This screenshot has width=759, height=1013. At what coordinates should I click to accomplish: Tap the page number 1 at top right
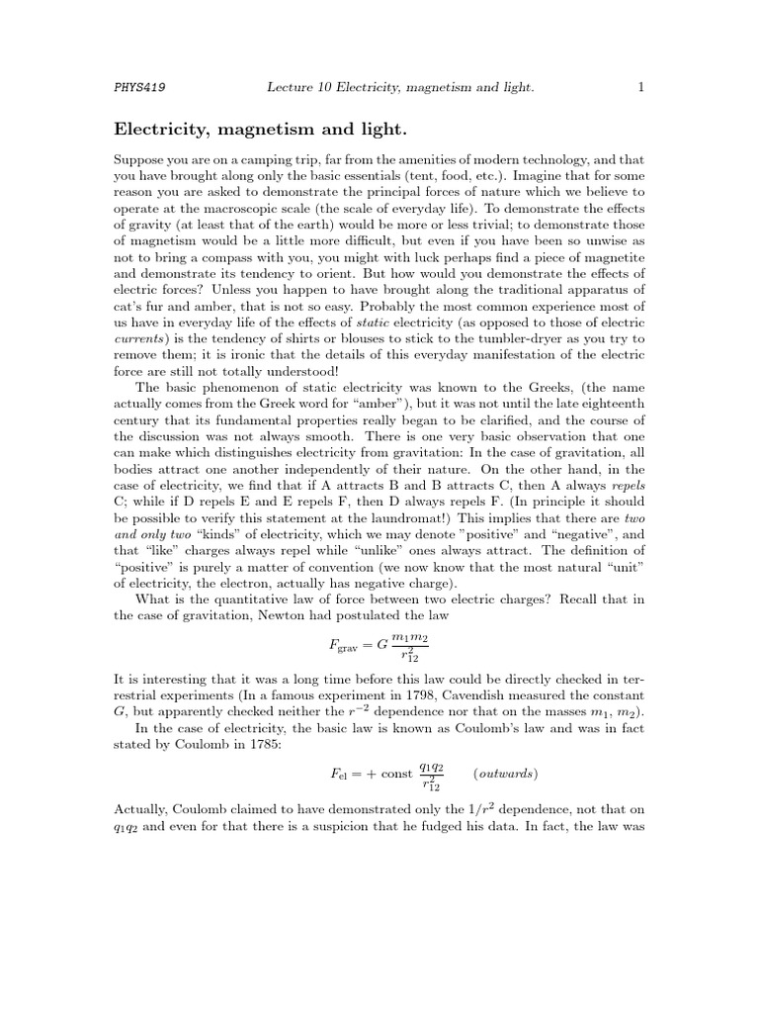pyautogui.click(x=640, y=88)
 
